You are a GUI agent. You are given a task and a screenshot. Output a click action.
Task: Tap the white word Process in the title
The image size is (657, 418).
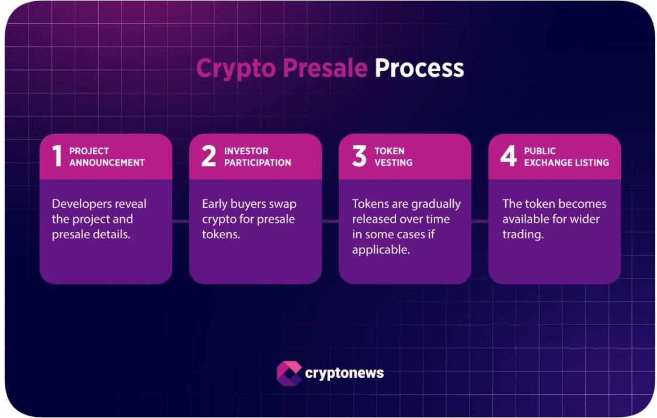coord(419,68)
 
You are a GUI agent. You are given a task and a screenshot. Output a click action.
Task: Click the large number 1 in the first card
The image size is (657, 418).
coord(57,156)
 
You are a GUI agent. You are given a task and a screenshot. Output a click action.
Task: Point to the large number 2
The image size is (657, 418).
coord(208,156)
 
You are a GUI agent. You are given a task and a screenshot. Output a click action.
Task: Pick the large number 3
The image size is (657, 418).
coord(359,156)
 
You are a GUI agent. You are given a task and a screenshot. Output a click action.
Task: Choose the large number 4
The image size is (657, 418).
coord(509,156)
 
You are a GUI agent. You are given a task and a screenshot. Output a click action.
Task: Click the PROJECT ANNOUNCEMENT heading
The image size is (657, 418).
coord(107,156)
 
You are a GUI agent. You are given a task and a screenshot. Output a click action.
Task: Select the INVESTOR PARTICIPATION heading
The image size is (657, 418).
coord(257,156)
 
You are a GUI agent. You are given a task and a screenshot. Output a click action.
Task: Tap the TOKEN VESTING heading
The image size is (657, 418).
coord(393,156)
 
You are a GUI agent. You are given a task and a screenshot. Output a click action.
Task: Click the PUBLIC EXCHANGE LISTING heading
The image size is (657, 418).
coord(566,156)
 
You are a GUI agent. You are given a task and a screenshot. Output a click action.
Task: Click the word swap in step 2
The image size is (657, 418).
coord(282,204)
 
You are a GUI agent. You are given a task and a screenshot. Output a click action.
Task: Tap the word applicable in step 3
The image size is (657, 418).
coord(381,250)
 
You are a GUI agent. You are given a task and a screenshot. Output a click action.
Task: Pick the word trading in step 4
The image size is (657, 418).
coord(523,235)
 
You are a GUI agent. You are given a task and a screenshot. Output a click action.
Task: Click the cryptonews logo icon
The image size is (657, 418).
coord(288,373)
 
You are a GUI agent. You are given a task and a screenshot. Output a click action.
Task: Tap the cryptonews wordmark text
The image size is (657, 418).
coord(344,373)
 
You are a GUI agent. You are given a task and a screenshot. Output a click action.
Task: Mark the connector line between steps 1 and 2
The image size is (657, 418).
coord(180,221)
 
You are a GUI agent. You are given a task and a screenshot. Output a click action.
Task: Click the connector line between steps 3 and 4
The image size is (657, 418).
coord(479,221)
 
